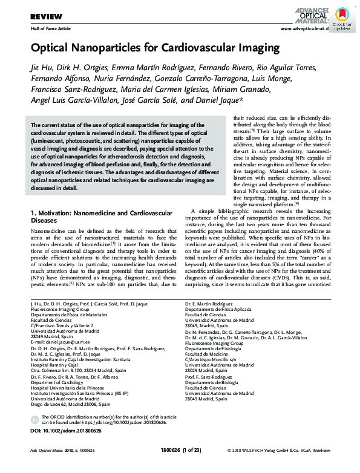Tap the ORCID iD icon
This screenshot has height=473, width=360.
[35, 419]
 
